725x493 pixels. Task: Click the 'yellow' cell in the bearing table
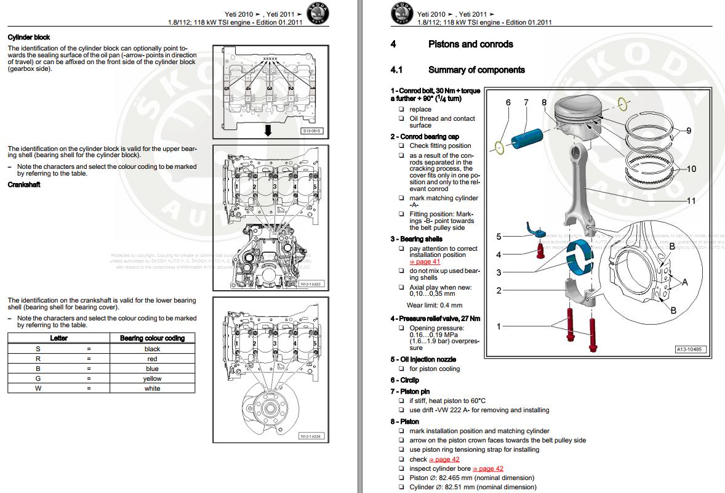152,378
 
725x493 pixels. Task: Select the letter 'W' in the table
38,388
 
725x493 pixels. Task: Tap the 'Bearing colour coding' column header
152,338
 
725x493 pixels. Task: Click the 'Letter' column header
59,338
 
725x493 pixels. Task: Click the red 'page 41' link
425,261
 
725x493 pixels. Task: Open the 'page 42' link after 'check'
444,459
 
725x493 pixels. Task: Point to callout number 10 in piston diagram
691,169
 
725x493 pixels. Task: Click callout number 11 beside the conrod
691,201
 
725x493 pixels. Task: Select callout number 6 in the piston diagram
508,102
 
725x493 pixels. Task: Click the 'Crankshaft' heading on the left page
24,185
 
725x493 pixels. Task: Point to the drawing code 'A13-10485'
691,349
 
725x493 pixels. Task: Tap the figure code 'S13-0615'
311,131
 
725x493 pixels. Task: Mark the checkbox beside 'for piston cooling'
401,369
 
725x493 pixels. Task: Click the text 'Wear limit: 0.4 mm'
434,305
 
